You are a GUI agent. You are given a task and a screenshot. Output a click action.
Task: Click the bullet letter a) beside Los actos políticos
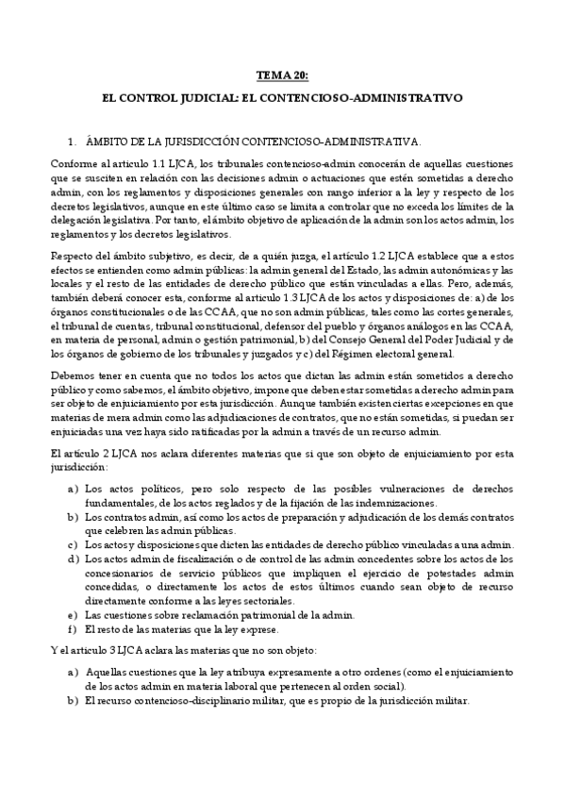(73, 490)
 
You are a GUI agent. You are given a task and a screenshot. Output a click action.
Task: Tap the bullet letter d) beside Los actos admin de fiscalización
(73, 557)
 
